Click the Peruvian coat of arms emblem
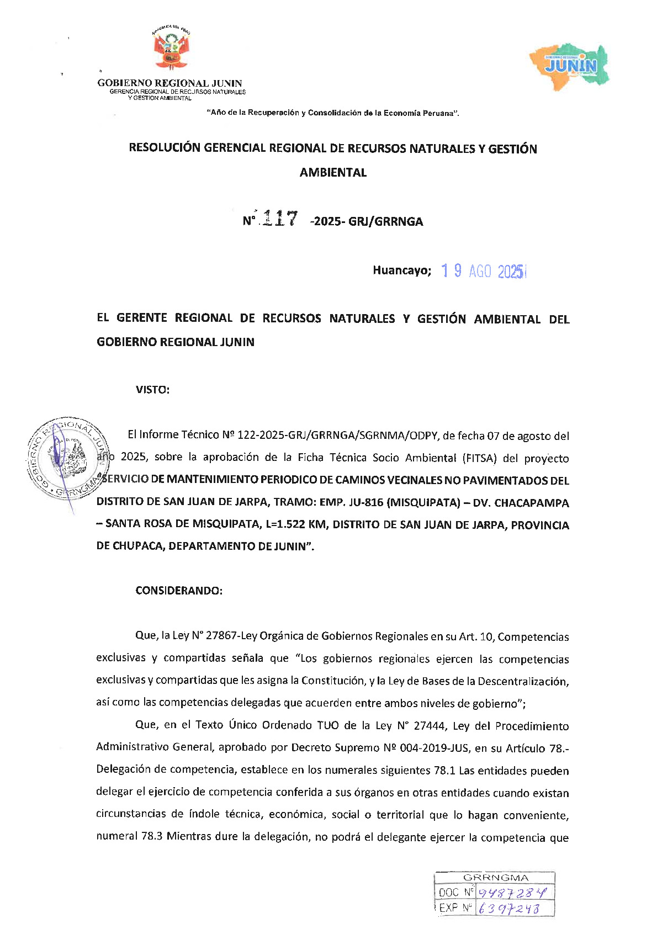[x=171, y=49]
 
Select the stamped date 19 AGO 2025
[x=484, y=271]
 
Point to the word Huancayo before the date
[x=401, y=270]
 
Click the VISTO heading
[x=152, y=390]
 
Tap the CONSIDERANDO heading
[x=179, y=591]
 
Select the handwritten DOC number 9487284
[x=513, y=893]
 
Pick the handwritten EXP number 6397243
[x=508, y=908]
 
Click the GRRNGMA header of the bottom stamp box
[x=495, y=878]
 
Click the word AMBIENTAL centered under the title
[x=333, y=172]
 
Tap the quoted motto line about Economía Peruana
[x=333, y=113]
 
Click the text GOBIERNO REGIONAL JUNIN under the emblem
[x=169, y=83]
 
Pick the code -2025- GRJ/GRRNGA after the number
[x=367, y=221]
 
